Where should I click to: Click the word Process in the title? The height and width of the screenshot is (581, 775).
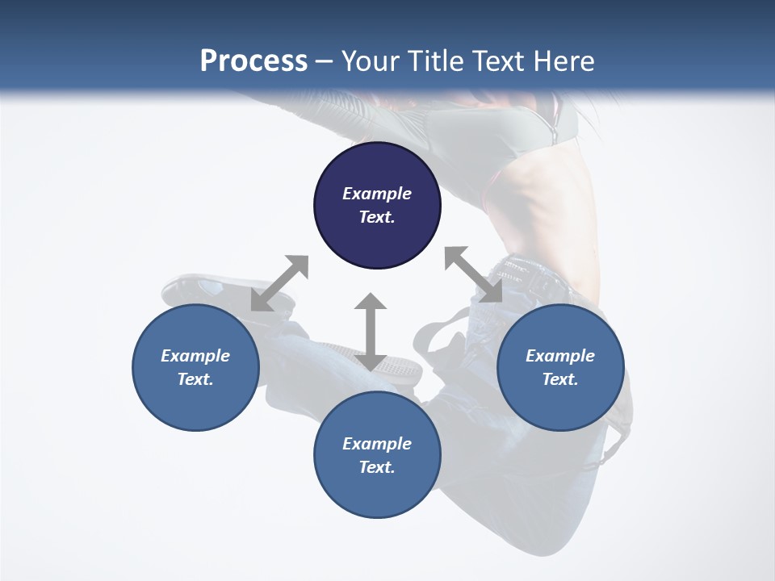point(253,61)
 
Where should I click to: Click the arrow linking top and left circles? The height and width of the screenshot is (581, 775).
point(279,283)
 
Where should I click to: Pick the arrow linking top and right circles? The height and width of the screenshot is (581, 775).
point(473,274)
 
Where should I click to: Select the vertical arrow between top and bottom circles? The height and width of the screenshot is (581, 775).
point(371,332)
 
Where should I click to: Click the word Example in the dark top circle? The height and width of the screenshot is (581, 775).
point(377,194)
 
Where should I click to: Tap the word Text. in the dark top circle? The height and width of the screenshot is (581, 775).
point(377,217)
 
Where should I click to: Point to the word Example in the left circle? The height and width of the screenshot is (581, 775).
point(195,356)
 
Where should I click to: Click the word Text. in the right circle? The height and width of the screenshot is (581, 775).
point(560,379)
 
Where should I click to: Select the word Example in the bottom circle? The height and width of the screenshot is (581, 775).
point(377,444)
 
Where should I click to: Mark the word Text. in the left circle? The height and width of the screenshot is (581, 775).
point(195,379)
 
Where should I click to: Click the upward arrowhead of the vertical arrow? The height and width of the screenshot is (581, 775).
point(371,303)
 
